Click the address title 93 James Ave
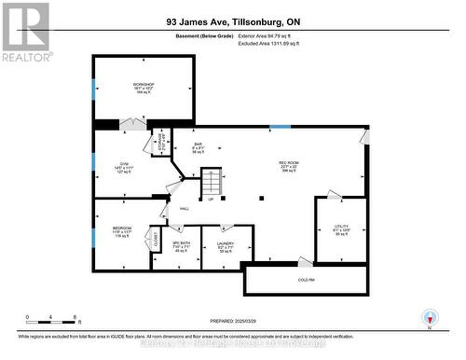(x=232, y=21)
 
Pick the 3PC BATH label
(x=169, y=244)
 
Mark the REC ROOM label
(x=289, y=163)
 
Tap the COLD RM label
(x=306, y=280)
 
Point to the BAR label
(x=198, y=144)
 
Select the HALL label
(x=185, y=208)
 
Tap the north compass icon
(x=430, y=317)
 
